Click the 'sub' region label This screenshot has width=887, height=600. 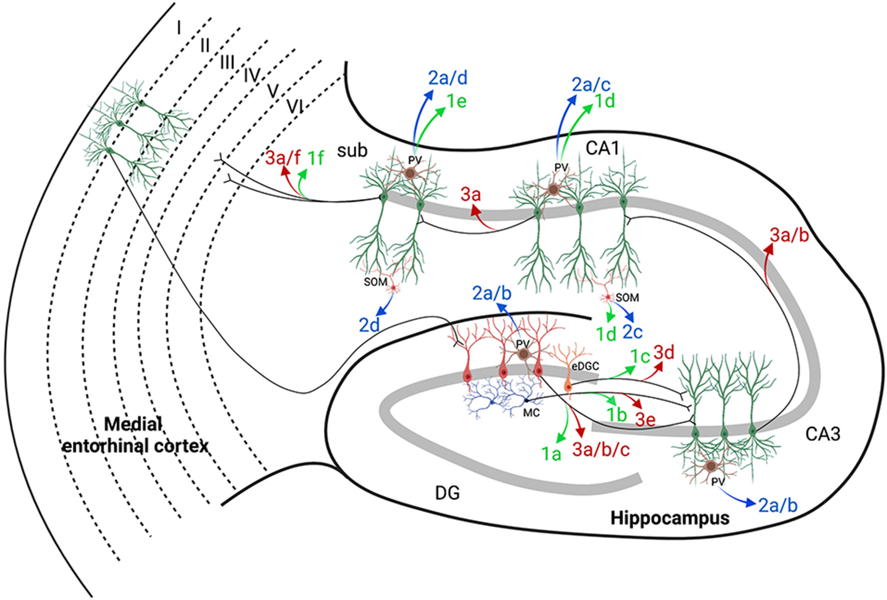coord(352,150)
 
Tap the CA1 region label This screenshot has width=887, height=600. coord(602,148)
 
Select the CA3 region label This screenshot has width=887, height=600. coord(823,434)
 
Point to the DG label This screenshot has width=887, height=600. coord(447,493)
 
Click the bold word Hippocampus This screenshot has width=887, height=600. coord(670,518)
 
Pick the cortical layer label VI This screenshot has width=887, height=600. coord(295,107)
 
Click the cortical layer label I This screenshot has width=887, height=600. coord(179,29)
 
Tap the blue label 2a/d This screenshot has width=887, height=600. coord(448,78)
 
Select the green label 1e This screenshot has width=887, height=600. coord(456,102)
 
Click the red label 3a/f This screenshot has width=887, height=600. coord(283,158)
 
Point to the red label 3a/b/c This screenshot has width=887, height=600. coord(601,450)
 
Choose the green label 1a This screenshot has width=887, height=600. coord(551,454)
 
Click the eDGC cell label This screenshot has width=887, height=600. coord(585,367)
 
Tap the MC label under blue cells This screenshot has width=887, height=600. coord(531,413)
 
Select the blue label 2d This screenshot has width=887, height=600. coord(369,326)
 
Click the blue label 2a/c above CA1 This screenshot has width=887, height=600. coord(591,85)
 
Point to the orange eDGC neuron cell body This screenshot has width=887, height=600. coord(568,387)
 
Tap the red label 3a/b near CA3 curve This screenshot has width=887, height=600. coord(789,235)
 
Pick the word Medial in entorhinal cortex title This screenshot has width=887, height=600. coord(133,425)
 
